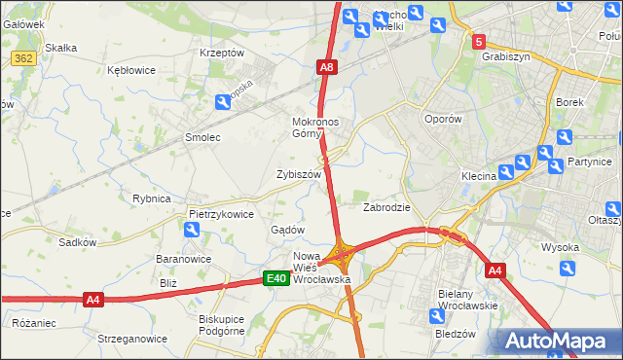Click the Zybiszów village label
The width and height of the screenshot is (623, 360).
(299, 174)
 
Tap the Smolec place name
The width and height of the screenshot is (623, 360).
(202, 138)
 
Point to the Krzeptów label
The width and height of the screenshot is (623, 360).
(221, 53)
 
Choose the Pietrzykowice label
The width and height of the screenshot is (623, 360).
(221, 213)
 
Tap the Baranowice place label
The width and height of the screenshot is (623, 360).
(185, 260)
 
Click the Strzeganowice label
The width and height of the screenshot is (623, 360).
(126, 339)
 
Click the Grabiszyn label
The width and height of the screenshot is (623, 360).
(505, 56)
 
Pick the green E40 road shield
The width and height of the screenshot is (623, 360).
(276, 279)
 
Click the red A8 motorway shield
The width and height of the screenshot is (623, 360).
(327, 67)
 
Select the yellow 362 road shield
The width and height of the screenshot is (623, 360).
(24, 59)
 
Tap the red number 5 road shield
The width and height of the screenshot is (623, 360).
(478, 42)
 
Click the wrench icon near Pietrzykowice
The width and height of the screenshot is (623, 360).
(192, 230)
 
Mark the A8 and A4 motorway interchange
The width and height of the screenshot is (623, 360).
(342, 256)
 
